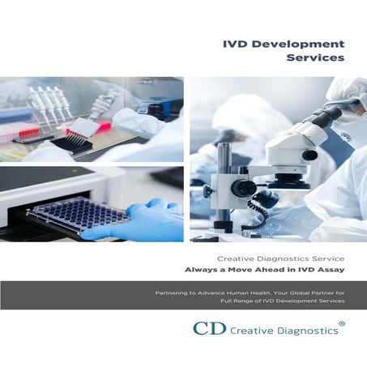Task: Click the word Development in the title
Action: pos(300,44)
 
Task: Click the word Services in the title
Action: pos(316,59)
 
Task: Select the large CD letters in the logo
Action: pos(207,328)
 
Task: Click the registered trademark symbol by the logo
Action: pos(341,322)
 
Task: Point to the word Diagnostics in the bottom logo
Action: pos(305,329)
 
